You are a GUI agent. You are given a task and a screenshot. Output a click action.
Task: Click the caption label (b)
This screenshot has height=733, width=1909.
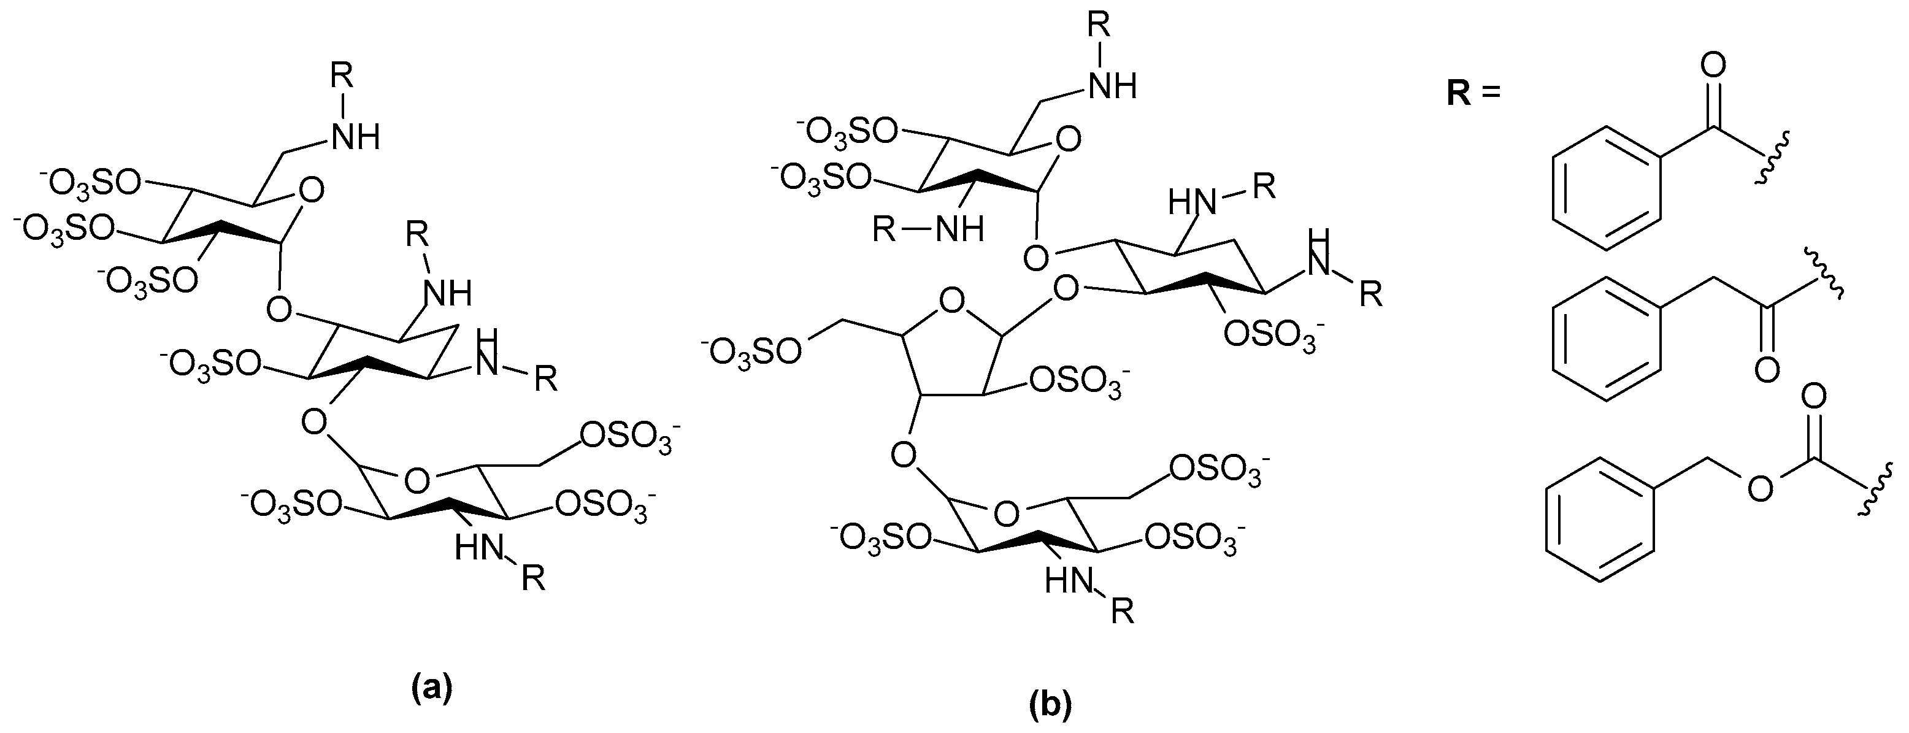[1050, 705]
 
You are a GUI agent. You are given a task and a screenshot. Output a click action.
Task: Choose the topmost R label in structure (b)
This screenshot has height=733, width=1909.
[1099, 24]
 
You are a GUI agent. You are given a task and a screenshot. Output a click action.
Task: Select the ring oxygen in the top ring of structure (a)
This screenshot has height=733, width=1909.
[313, 191]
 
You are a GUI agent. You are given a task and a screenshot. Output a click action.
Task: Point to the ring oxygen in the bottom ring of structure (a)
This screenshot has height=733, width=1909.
[417, 480]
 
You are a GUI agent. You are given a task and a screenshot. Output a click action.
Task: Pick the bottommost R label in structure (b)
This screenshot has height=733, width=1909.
[1123, 612]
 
